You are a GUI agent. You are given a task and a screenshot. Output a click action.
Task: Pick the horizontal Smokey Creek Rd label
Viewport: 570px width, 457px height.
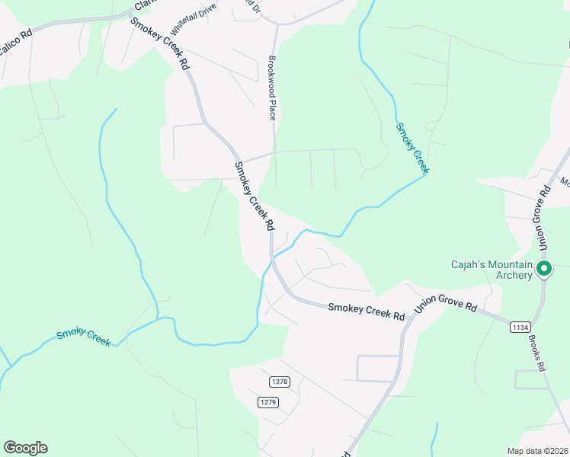(367, 311)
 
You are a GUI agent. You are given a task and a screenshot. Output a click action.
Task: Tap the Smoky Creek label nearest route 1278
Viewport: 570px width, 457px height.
(84, 336)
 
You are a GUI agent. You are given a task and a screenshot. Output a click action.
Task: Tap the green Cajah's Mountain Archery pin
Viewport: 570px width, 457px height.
(544, 269)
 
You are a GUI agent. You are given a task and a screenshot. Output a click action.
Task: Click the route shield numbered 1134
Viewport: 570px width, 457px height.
(520, 327)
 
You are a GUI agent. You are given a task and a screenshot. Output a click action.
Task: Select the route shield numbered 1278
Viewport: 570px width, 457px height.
(280, 381)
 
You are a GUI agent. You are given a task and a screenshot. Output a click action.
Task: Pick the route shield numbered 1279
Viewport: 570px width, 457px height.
(267, 402)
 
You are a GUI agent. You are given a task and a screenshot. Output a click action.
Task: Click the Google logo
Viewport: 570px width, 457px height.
(25, 448)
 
